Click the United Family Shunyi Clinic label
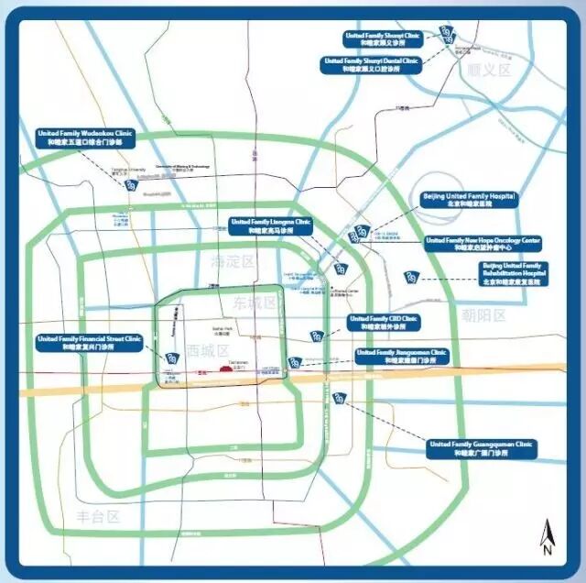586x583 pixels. (x=383, y=38)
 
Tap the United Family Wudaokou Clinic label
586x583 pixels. (x=85, y=137)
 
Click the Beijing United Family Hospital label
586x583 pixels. (x=468, y=201)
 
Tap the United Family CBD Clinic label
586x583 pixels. (x=385, y=323)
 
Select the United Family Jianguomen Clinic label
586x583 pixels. (x=402, y=356)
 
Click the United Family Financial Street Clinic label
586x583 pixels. (x=90, y=343)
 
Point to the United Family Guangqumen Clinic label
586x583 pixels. (x=482, y=447)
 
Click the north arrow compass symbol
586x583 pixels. (x=546, y=538)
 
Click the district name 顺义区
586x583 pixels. (x=485, y=70)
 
